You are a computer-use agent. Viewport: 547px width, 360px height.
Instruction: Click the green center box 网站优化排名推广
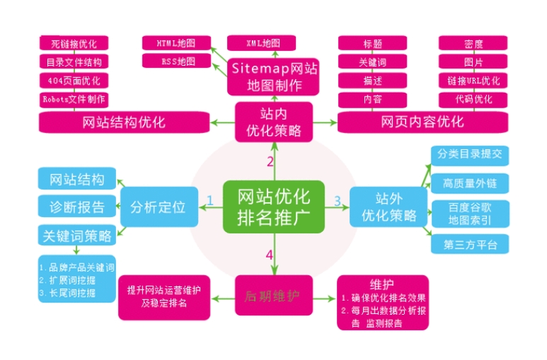(273, 205)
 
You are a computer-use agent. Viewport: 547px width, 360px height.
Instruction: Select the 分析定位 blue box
(158, 207)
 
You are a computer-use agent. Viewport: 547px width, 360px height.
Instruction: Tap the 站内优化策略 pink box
(273, 121)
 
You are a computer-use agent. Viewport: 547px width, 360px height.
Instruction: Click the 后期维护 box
(273, 294)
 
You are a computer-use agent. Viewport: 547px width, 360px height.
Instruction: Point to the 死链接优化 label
(74, 43)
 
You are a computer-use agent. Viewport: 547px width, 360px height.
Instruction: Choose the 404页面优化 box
(74, 81)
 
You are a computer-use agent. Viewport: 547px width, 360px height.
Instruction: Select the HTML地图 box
(175, 43)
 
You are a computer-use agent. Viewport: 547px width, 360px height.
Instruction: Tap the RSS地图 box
(175, 62)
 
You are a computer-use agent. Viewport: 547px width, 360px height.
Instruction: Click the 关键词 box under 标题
(372, 62)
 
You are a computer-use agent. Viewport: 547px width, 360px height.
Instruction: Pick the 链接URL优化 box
(473, 81)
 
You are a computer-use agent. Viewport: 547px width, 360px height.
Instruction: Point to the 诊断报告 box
(76, 207)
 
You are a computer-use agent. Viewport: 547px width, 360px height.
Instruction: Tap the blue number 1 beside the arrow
(209, 202)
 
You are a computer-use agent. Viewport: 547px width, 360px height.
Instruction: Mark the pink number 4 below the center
(269, 254)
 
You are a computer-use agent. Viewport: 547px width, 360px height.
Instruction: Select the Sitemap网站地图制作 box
(273, 76)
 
